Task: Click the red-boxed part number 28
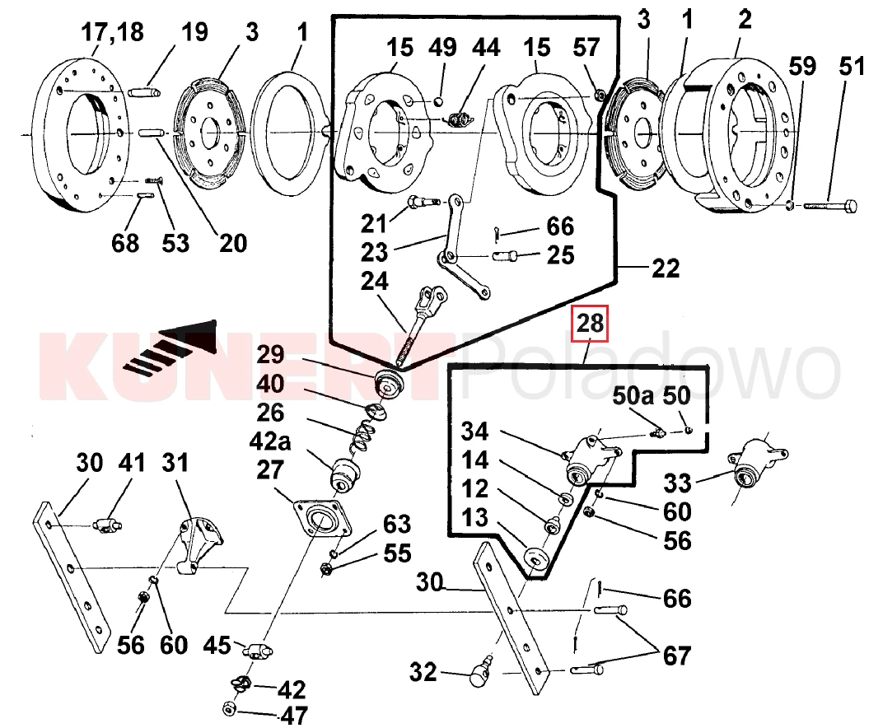coord(590,324)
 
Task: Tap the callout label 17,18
coord(111,33)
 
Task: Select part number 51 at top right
coord(853,65)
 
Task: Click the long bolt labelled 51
coord(827,204)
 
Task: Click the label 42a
coord(269,441)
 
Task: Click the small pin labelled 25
coord(509,256)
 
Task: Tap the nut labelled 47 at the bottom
coord(230,707)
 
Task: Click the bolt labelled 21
coord(420,202)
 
